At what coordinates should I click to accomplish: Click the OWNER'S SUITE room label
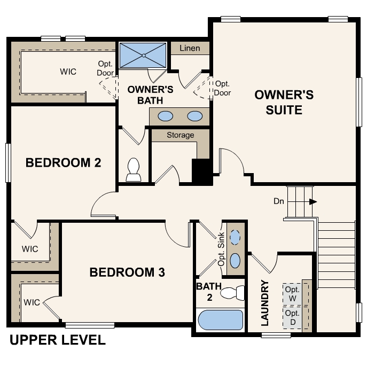[x=284, y=103]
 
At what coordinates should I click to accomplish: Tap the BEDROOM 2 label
[x=64, y=162]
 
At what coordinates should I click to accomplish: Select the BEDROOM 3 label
[x=127, y=272]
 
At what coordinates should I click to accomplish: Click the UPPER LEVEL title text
[x=58, y=340]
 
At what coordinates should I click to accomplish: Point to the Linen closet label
[x=189, y=48]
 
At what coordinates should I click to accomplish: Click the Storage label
[x=180, y=135]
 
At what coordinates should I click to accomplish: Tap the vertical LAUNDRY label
[x=264, y=302]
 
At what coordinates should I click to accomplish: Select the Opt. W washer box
[x=292, y=293]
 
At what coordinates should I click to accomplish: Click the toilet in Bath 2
[x=233, y=293]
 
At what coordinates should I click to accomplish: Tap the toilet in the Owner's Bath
[x=132, y=170]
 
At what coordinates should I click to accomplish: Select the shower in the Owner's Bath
[x=143, y=55]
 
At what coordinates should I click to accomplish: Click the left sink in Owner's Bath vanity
[x=166, y=115]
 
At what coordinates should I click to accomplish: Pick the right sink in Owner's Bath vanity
[x=195, y=115]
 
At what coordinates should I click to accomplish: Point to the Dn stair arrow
[x=313, y=201]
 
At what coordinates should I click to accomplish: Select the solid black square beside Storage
[x=201, y=171]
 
